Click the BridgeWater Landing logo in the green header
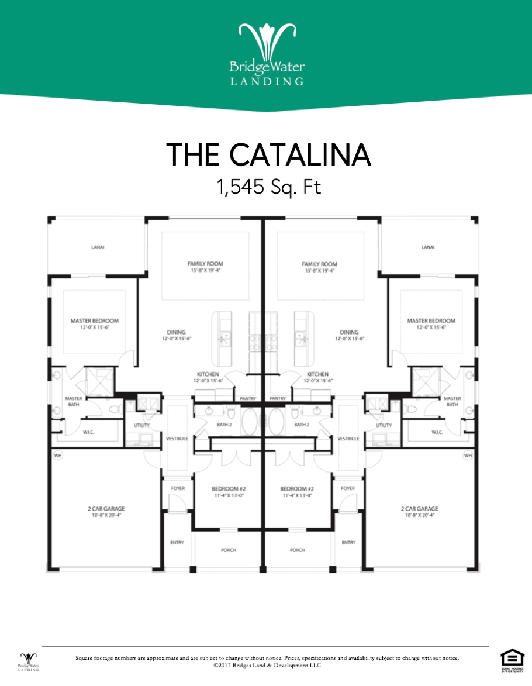[266, 54]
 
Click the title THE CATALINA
[268, 154]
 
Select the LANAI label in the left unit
[98, 247]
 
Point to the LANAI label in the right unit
[428, 247]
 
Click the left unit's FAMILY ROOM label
[202, 264]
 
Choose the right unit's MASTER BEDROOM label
[431, 320]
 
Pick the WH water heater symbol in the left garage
[58, 455]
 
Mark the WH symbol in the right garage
[468, 455]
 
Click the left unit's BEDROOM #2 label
[229, 488]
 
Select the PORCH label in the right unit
[298, 550]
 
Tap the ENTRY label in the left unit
[177, 542]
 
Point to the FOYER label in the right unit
[348, 488]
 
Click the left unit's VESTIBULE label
[177, 438]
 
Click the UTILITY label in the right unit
[384, 425]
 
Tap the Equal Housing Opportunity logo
[510, 659]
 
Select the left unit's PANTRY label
[248, 398]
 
